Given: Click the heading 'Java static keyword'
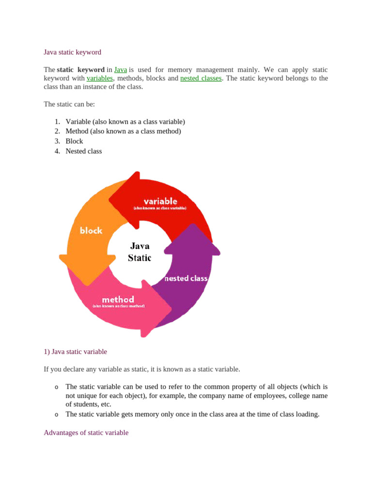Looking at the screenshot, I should click(x=72, y=52).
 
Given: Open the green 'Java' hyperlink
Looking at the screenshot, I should click(x=120, y=70).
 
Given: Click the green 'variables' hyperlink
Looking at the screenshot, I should click(x=100, y=78).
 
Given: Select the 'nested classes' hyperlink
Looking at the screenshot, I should click(x=201, y=78).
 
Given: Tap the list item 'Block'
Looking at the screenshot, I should click(x=74, y=141).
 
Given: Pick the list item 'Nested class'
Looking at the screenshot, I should click(x=84, y=151).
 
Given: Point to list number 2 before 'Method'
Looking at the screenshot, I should click(x=57, y=131).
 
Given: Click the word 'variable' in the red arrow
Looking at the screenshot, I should click(x=160, y=201).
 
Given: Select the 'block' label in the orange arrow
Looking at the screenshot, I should click(x=91, y=231).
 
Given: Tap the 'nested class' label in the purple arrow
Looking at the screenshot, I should click(x=186, y=278).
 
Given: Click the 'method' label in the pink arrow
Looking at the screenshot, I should click(x=118, y=300).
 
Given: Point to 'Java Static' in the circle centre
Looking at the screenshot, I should click(x=139, y=252).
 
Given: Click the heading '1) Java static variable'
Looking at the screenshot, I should click(x=75, y=351).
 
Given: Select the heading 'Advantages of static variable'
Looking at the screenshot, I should click(x=86, y=433).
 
